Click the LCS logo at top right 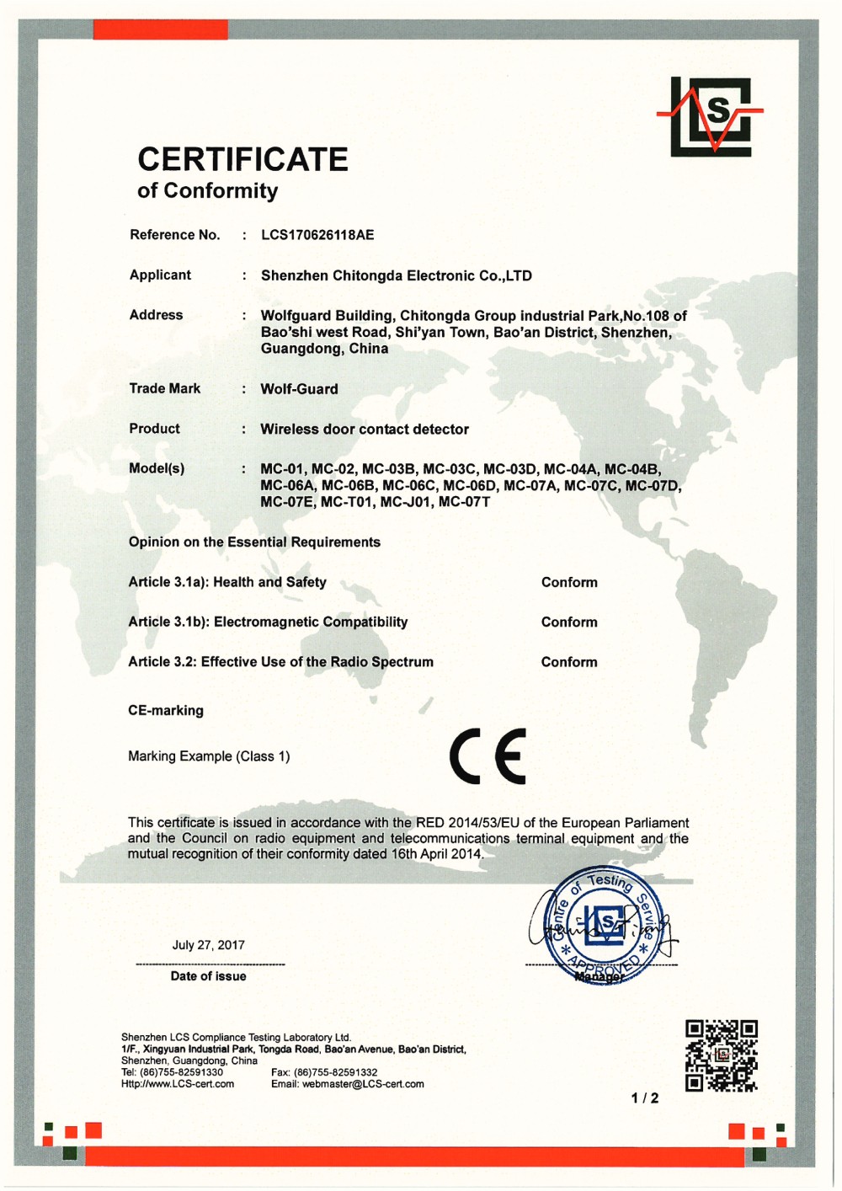(711, 116)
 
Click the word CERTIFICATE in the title (242, 159)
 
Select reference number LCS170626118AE (317, 235)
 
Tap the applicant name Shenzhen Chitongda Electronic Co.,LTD (396, 275)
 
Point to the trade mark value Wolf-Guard (299, 389)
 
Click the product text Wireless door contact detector (365, 429)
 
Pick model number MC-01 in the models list (281, 469)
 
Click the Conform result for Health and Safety (569, 582)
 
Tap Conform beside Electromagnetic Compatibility (569, 622)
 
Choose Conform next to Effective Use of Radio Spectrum (569, 662)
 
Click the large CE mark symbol (488, 756)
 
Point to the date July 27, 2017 (208, 945)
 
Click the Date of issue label (208, 976)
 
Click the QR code (721, 1055)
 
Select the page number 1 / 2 (645, 1098)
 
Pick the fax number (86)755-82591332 (335, 1072)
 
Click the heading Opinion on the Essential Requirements (254, 542)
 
